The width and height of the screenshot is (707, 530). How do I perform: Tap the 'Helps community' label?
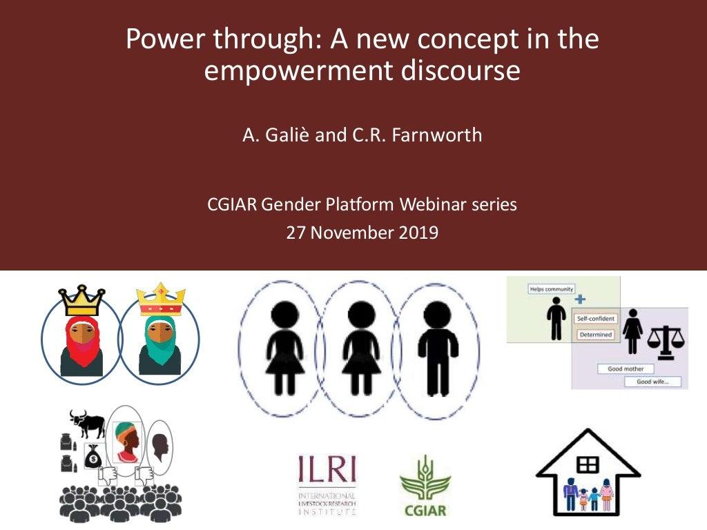click(x=552, y=288)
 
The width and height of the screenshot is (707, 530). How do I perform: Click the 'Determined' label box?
click(x=594, y=335)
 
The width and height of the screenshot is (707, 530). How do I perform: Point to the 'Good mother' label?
click(x=625, y=369)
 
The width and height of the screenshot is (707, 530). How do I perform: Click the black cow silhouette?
click(x=88, y=422)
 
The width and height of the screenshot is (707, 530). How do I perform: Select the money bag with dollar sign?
click(x=93, y=455)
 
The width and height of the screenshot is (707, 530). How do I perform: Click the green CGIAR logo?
click(x=425, y=487)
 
